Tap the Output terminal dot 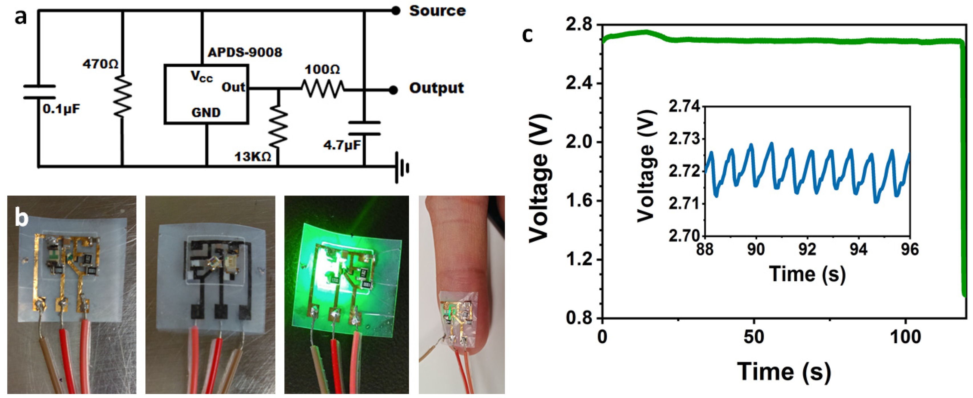click(393, 90)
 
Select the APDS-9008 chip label click(245, 52)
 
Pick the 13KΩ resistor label click(253, 157)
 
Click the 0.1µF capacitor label click(61, 109)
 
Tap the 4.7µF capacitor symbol click(364, 128)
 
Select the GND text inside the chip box click(206, 112)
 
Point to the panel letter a click(21, 17)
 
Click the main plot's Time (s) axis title click(784, 371)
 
